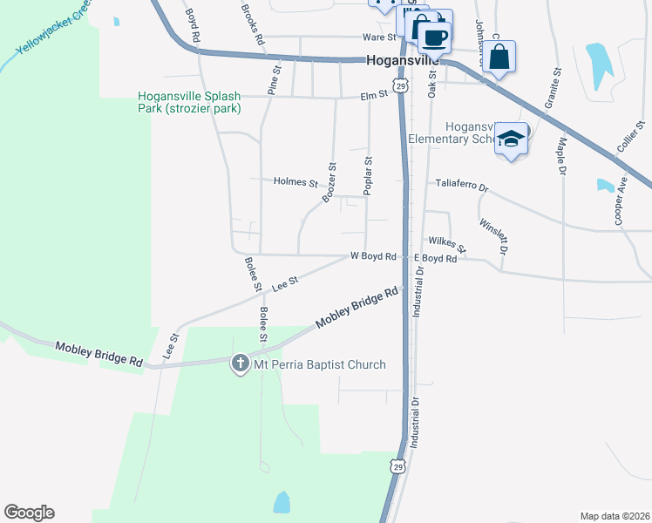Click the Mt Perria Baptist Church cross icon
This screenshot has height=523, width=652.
click(241, 364)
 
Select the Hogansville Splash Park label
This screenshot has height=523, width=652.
click(189, 103)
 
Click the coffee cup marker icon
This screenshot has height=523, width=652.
click(434, 37)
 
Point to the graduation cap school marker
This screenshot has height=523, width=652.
click(511, 139)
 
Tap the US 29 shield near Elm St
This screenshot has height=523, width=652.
click(399, 85)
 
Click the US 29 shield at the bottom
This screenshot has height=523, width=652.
click(398, 468)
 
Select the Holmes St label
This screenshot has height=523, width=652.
click(295, 182)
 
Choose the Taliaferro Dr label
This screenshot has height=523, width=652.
click(462, 187)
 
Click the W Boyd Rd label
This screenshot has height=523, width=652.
click(373, 256)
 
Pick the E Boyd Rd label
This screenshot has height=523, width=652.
click(435, 259)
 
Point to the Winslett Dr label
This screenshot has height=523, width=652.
click(493, 234)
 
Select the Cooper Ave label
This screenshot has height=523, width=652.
click(621, 202)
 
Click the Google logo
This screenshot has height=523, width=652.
click(29, 513)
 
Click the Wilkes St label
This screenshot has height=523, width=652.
click(447, 242)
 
